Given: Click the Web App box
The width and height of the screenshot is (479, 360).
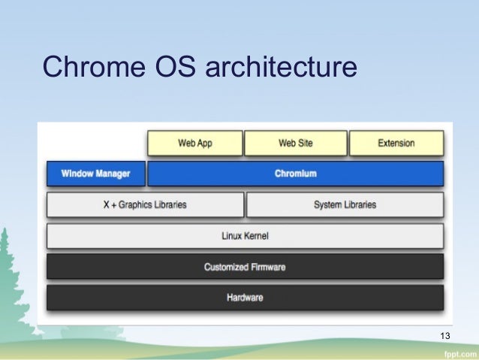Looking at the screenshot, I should (x=195, y=143).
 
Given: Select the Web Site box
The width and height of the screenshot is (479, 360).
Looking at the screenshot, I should (x=296, y=143).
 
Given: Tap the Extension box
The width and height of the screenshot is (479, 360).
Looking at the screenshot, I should (x=396, y=143).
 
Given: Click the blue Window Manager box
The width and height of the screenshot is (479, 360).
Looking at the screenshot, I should (x=95, y=174).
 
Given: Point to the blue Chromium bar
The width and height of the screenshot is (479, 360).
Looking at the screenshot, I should (x=295, y=174).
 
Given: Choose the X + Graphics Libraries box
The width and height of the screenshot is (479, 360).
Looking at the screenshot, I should (x=145, y=204).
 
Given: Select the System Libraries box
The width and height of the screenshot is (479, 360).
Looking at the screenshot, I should (x=345, y=204).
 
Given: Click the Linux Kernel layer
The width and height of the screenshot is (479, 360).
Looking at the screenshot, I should (x=245, y=236).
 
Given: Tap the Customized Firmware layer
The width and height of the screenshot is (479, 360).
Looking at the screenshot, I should (x=245, y=267).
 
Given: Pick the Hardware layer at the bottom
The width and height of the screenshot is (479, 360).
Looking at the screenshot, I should (x=245, y=298).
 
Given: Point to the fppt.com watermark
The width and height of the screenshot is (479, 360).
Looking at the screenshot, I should (x=458, y=352).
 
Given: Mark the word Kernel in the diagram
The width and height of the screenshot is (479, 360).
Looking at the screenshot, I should (x=256, y=236).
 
